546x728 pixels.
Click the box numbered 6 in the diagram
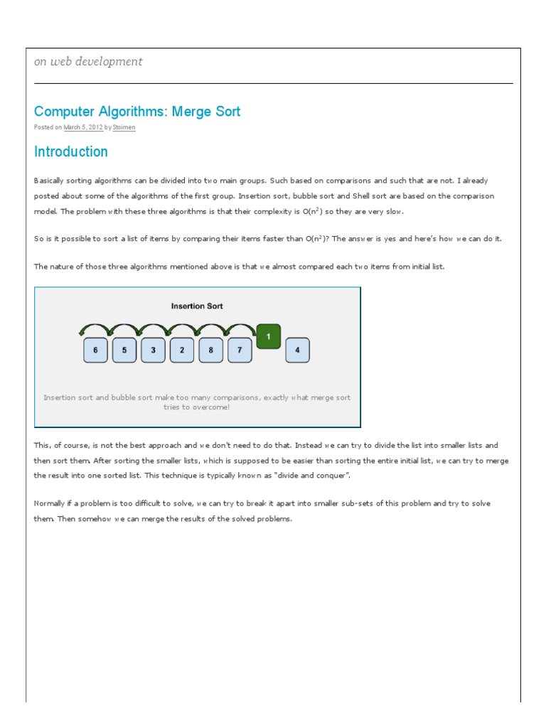(95, 350)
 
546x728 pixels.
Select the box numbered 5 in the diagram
(124, 350)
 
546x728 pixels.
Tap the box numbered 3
(153, 350)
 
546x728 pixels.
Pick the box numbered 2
(182, 350)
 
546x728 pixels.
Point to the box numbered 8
(211, 350)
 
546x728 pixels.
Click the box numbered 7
(240, 350)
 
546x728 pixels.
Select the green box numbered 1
(268, 336)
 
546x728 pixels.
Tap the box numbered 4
(297, 350)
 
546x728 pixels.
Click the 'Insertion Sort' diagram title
(197, 306)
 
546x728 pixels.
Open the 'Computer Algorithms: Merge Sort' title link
(137, 112)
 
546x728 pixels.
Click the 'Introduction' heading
(71, 151)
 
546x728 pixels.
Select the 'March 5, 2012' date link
(84, 127)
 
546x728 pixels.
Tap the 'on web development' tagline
(88, 62)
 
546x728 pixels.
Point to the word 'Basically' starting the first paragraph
(48, 181)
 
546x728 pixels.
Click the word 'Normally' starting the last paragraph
(48, 503)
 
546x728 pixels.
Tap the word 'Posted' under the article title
(43, 127)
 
